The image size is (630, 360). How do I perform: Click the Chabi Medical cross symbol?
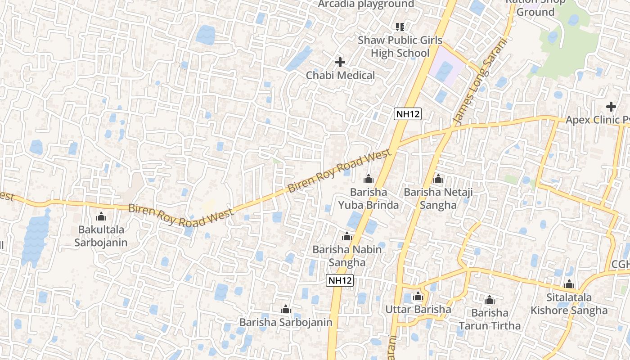click(340, 62)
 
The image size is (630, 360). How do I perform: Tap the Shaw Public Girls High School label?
click(400, 47)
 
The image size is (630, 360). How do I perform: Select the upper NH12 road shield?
click(408, 114)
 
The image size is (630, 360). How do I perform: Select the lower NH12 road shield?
click(340, 280)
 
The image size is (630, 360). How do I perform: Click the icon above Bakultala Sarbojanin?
click(101, 216)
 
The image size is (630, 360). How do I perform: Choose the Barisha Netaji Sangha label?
click(438, 199)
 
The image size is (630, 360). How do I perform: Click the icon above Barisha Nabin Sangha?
click(346, 236)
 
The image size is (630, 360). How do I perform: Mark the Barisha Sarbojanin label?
click(285, 322)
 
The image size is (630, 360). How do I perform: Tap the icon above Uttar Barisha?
click(418, 296)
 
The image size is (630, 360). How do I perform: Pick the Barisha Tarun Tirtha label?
click(490, 319)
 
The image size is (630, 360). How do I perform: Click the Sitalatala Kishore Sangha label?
click(569, 304)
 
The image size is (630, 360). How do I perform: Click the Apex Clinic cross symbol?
click(611, 107)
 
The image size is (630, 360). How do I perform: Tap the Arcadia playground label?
click(366, 4)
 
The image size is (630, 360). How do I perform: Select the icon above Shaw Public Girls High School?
click(400, 27)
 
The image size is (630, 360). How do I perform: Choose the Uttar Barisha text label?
click(418, 310)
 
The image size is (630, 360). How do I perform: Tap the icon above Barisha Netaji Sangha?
click(438, 179)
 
